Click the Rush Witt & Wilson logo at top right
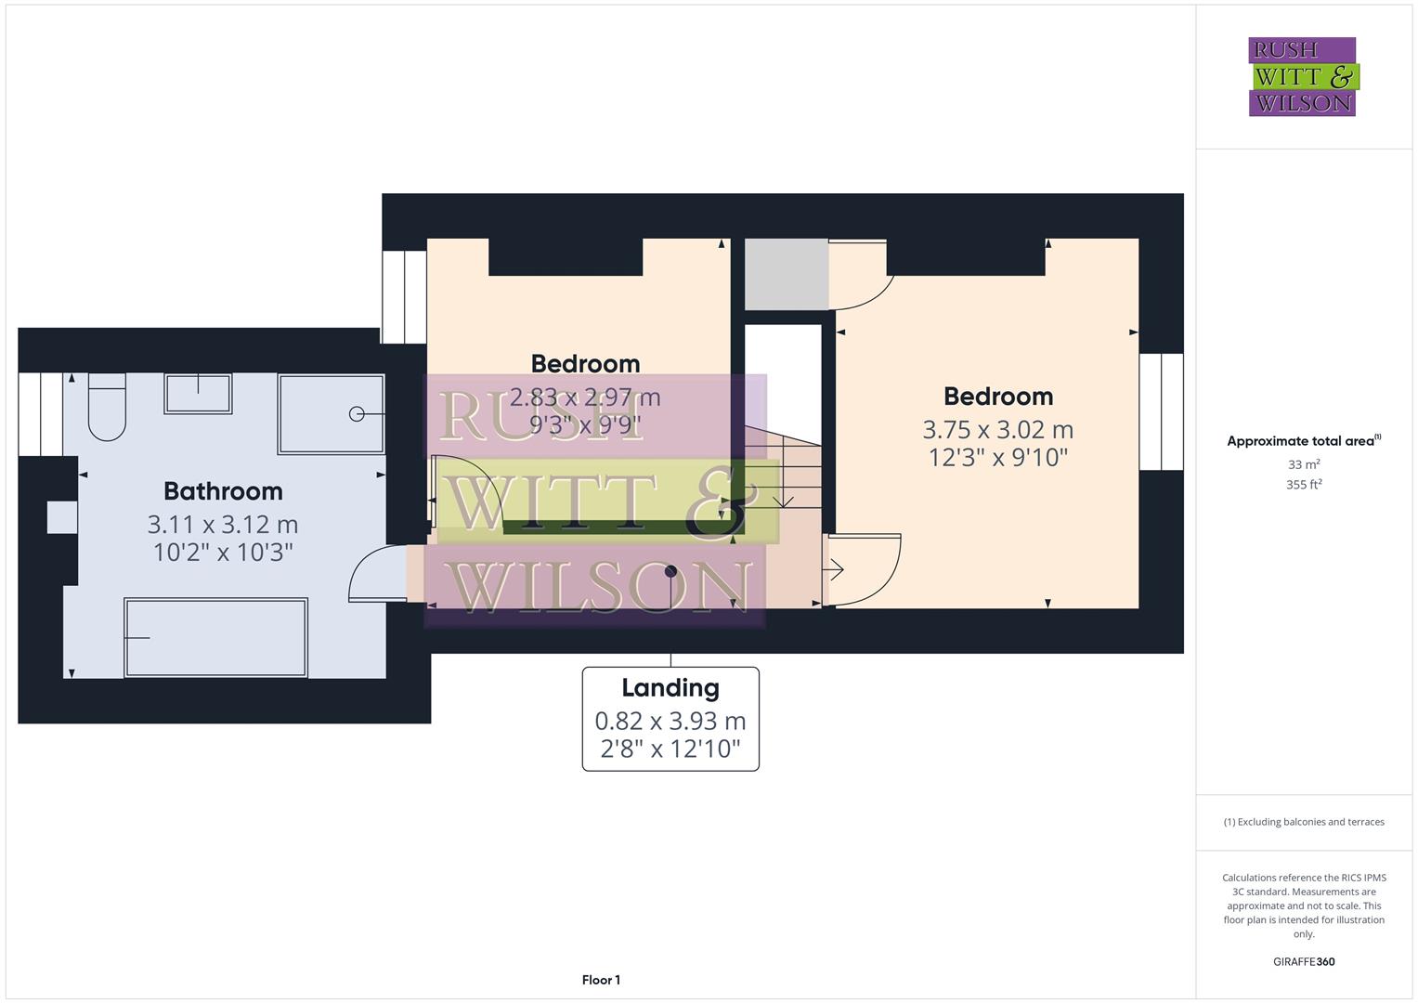(1302, 76)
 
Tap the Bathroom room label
(223, 491)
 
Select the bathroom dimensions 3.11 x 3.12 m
(223, 525)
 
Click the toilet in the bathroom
(107, 409)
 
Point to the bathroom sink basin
(198, 394)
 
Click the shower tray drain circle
(357, 414)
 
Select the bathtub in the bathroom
(215, 638)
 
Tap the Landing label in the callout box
(670, 688)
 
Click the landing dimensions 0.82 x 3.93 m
(670, 721)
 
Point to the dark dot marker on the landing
(670, 572)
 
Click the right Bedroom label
(998, 397)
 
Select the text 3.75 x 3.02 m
(998, 430)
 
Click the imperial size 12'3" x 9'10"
(998, 458)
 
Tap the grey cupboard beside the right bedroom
(786, 274)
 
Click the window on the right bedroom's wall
(1161, 411)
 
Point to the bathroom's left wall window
(40, 414)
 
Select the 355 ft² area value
(1304, 485)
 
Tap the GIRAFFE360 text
(1304, 962)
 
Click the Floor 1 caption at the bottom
(601, 980)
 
